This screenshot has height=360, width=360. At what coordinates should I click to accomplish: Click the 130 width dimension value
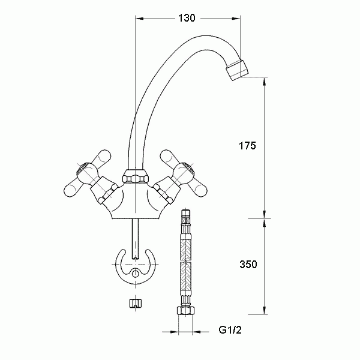coord(187,18)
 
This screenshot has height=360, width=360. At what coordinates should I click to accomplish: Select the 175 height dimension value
coord(247,146)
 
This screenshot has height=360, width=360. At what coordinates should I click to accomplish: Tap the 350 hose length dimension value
coord(247,265)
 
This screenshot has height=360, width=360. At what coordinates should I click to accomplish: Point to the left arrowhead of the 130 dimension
coord(137,18)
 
